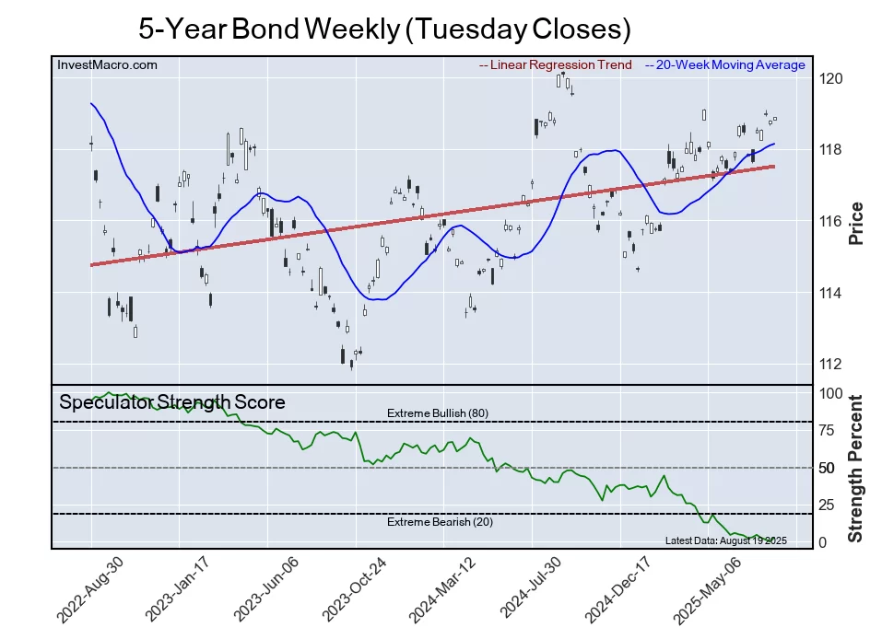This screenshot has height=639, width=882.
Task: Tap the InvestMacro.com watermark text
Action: (107, 65)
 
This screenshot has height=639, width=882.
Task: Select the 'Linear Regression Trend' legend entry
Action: (556, 65)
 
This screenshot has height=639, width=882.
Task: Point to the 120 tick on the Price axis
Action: (832, 78)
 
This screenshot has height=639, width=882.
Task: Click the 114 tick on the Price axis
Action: (832, 293)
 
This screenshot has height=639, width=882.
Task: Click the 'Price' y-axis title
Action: (856, 222)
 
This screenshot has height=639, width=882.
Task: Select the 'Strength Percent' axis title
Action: (856, 468)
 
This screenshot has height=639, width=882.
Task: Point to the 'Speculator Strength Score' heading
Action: (172, 402)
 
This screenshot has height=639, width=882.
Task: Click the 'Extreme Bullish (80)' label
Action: (437, 413)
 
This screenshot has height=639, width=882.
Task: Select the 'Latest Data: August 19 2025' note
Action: (725, 540)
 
